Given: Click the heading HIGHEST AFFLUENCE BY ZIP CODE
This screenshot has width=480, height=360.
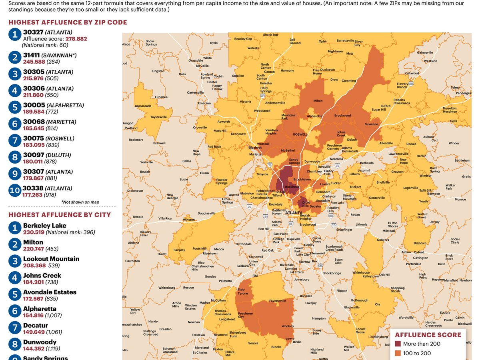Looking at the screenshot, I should pyautogui.click(x=68, y=22).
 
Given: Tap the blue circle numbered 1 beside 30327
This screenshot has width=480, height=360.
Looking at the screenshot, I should pyautogui.click(x=15, y=35).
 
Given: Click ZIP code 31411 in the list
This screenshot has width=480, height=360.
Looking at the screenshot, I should pyautogui.click(x=31, y=55).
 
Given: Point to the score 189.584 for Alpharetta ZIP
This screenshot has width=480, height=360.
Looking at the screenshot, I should pyautogui.click(x=34, y=112).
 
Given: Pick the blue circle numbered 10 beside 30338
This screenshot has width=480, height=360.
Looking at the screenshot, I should pyautogui.click(x=15, y=191).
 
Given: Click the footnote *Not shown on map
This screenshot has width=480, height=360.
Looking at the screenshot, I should pyautogui.click(x=80, y=202).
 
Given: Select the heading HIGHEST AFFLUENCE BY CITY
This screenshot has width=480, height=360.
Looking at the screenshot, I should pyautogui.click(x=60, y=215).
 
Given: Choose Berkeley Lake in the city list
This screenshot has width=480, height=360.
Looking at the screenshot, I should pyautogui.click(x=44, y=226).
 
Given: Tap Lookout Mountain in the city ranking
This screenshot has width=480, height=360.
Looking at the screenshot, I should pyautogui.click(x=51, y=259).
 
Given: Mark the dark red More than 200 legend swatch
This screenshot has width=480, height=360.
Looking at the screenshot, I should pyautogui.click(x=398, y=344).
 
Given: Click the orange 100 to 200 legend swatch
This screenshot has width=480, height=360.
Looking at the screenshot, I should pyautogui.click(x=398, y=353).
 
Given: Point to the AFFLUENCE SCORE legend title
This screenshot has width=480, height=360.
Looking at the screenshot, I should pyautogui.click(x=428, y=335).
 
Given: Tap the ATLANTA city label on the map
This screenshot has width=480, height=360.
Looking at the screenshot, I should pyautogui.click(x=294, y=213).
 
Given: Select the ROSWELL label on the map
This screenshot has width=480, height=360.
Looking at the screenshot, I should pyautogui.click(x=300, y=135).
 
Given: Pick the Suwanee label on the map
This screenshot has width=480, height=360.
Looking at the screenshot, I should pyautogui.click(x=371, y=124).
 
